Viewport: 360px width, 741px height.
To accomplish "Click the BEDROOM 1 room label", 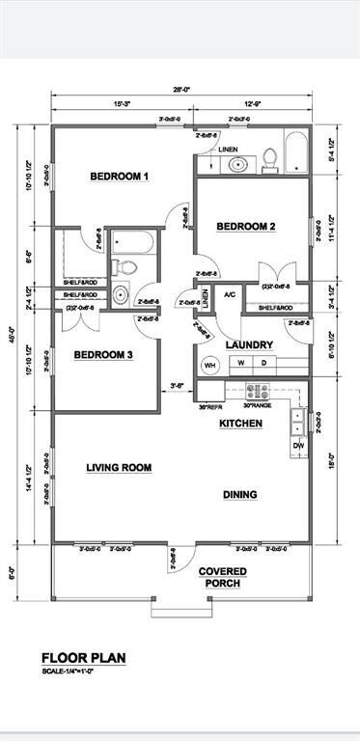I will [119, 177].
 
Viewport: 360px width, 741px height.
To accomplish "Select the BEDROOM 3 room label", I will [103, 355].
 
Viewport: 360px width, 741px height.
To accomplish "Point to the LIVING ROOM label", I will [119, 468].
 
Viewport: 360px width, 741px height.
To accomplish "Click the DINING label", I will [240, 495].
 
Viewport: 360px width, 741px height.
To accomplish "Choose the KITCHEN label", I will [240, 424].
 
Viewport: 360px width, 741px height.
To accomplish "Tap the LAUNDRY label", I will [249, 344].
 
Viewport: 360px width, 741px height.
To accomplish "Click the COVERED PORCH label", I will [223, 577].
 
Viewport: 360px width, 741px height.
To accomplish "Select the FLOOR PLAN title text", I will [83, 658].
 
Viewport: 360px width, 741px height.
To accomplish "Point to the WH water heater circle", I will [236, 366].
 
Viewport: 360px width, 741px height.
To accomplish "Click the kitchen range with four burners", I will [258, 392].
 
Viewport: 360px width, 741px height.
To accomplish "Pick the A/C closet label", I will [230, 295].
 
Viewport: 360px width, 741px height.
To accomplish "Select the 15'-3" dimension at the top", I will [123, 104].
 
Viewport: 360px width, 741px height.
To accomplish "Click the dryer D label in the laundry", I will [291, 365].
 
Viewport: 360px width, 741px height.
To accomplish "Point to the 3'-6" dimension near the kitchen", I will [177, 386].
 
